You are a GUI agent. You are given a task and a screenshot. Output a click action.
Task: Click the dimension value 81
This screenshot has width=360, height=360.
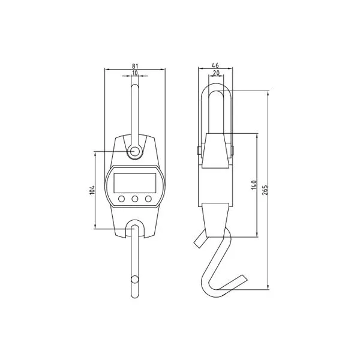[135, 66]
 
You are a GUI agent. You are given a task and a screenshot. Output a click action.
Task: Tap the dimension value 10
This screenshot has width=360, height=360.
[135, 73]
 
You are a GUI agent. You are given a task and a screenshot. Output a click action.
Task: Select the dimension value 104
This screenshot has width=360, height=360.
[92, 190]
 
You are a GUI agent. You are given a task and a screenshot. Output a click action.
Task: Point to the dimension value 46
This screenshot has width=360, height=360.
[215, 65]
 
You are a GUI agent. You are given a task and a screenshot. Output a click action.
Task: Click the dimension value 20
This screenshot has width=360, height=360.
[216, 73]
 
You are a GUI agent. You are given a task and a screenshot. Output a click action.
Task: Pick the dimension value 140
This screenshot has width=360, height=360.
[254, 185]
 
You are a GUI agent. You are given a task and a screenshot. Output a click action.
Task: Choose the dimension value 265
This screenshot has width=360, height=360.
[265, 190]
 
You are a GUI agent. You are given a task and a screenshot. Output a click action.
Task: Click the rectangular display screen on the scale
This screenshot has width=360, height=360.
[135, 183]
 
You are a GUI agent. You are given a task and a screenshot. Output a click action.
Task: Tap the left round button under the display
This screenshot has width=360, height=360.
[121, 199]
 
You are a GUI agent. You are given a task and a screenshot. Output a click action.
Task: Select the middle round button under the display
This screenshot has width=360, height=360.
[135, 199]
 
